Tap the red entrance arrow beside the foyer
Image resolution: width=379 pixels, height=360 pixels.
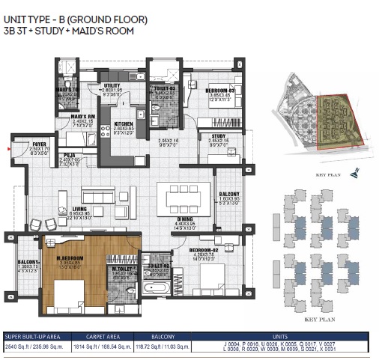[x=8, y=149]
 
